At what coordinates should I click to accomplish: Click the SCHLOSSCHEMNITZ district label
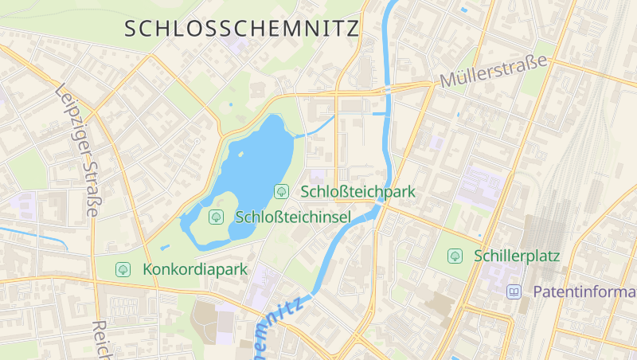pos(242,29)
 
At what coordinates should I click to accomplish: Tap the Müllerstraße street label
pos(494,72)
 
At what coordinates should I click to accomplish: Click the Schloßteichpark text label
pos(358,191)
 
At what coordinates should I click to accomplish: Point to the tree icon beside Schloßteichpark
pos(281,191)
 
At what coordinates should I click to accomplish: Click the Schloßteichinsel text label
pos(294,217)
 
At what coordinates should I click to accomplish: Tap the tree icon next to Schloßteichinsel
pos(216,217)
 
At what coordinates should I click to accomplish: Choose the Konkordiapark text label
pos(195,269)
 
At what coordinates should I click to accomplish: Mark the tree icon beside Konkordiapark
pos(123,269)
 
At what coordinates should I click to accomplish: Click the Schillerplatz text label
pos(517,256)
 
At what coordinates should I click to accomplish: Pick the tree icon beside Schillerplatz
pos(455,256)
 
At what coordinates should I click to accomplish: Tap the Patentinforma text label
pos(584,292)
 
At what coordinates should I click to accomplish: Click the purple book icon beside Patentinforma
pos(514,292)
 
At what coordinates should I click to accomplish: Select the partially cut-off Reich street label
pos(100,340)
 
